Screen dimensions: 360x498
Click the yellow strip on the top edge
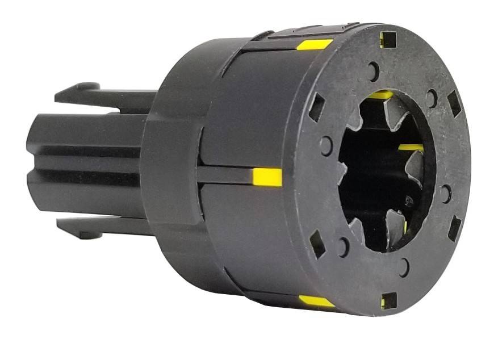315,44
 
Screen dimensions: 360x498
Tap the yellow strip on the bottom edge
317,302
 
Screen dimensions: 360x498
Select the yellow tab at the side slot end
267,177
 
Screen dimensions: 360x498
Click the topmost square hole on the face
388,39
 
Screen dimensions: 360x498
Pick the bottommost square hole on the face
388,301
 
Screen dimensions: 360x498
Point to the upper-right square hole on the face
454,103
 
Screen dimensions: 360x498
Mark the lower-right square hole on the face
454,228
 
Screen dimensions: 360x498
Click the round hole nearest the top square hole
373,71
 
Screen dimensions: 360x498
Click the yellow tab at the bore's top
380,95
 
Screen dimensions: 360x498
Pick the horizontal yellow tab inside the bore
410,148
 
